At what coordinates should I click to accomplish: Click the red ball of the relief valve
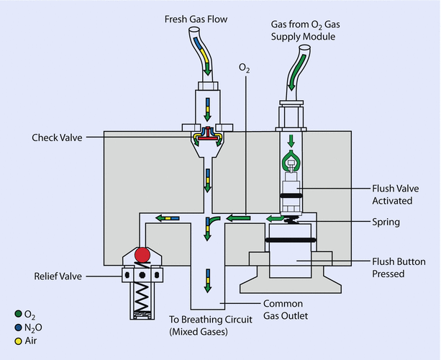(142, 255)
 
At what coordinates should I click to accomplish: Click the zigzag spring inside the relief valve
(142, 294)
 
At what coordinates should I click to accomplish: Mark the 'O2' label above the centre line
(245, 68)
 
